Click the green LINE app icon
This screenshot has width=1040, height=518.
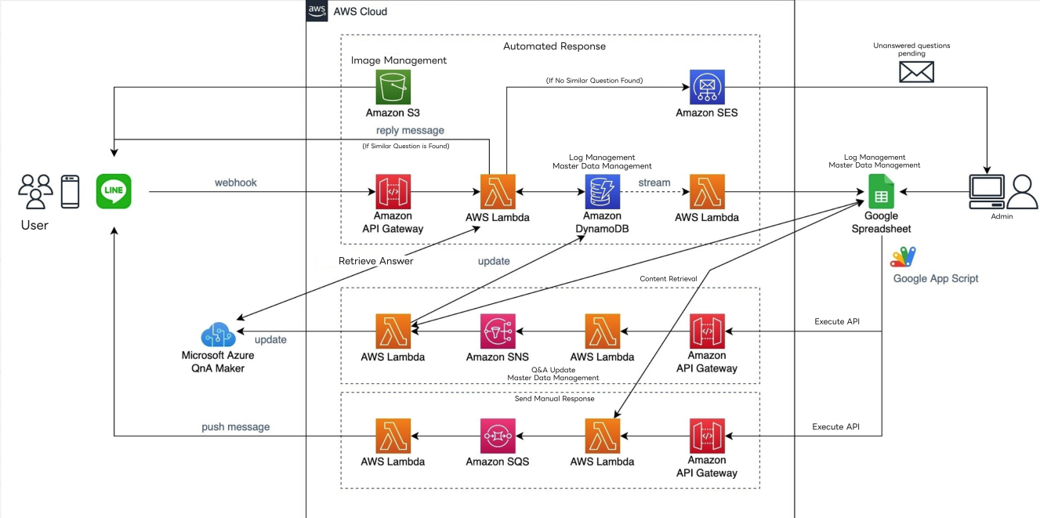tap(114, 191)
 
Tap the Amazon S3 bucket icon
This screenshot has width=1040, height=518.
tap(393, 87)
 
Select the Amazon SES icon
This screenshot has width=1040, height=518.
tap(707, 87)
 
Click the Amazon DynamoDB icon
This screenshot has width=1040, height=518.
tap(603, 191)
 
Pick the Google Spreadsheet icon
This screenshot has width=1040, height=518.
tap(881, 191)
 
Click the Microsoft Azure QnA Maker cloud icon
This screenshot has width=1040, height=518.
tap(219, 335)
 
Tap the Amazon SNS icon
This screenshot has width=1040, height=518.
tap(498, 331)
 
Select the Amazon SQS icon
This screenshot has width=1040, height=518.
tap(498, 436)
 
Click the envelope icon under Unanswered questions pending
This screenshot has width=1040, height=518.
tap(916, 72)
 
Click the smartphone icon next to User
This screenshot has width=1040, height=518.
tap(71, 191)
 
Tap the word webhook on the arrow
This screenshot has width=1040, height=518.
tap(236, 183)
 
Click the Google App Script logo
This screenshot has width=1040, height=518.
tap(904, 257)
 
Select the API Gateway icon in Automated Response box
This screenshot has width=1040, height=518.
tap(393, 191)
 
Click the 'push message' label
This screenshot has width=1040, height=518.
tap(236, 427)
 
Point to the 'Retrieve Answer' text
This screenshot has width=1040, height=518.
tap(375, 261)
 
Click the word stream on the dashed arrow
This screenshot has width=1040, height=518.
tap(654, 183)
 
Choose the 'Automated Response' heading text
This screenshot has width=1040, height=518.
tap(554, 46)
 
